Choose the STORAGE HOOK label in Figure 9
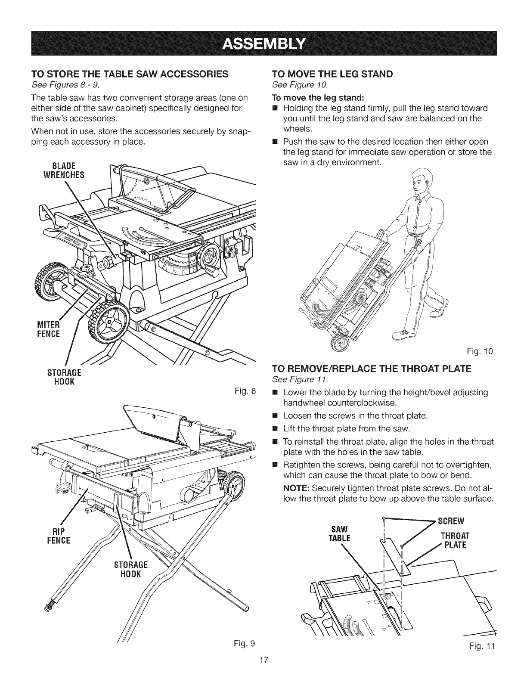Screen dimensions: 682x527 tap(133, 569)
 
